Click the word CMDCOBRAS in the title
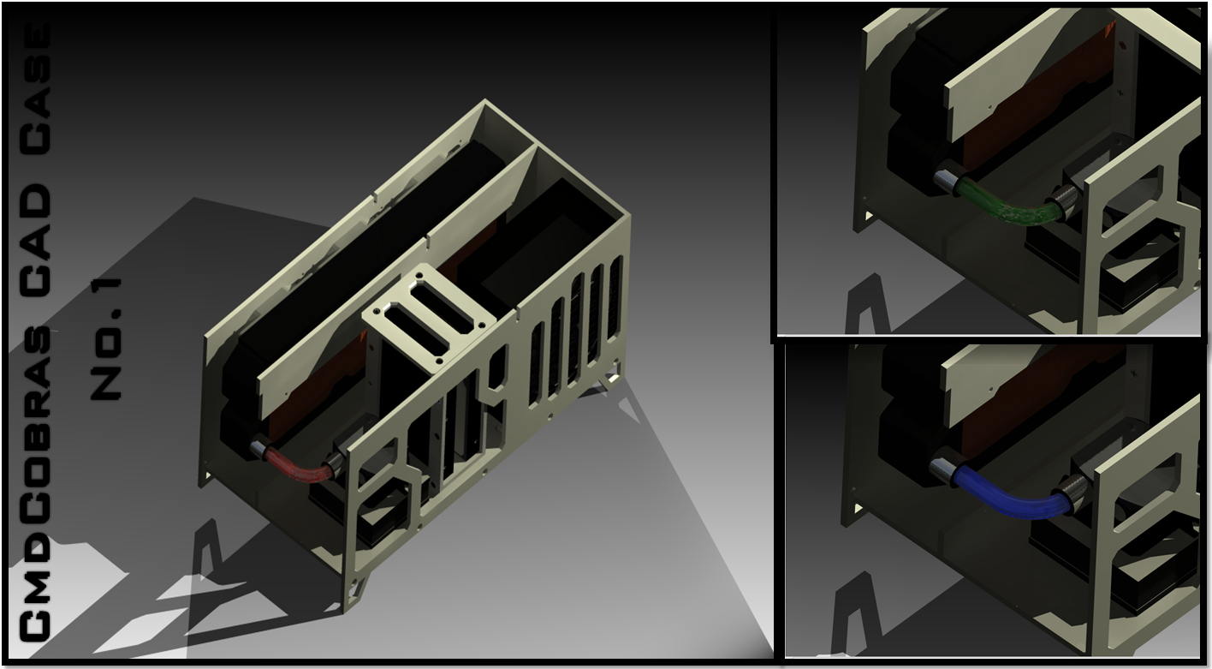[36, 485]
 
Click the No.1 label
[106, 339]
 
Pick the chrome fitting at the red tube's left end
[258, 449]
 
